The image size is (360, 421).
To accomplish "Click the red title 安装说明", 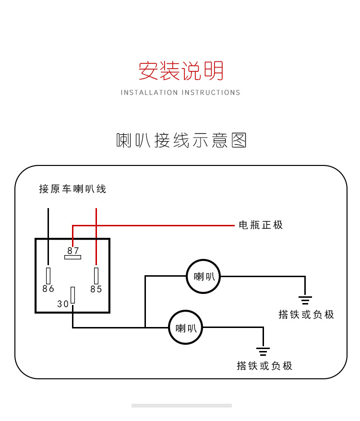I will (x=181, y=71).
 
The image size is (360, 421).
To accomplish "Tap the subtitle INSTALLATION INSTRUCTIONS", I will (x=180, y=93).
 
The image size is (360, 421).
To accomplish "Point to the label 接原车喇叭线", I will (x=72, y=189).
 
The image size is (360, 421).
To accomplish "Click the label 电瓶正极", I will (x=261, y=225).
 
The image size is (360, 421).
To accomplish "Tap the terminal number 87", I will (x=73, y=250).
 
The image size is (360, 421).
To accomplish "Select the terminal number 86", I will (x=48, y=289).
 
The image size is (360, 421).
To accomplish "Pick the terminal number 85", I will (x=96, y=289).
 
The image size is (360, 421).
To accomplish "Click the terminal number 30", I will (x=63, y=304).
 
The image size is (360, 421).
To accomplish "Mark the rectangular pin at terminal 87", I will (x=72, y=257).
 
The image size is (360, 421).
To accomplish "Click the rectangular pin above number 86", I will (x=48, y=276).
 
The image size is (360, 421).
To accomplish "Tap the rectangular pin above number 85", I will (x=96, y=276).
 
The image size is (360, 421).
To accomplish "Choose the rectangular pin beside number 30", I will (x=73, y=295).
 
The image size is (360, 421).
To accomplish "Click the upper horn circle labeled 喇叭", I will (x=203, y=277).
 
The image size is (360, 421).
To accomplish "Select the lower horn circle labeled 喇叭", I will (x=185, y=328).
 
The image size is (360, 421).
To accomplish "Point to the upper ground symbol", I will (x=305, y=300).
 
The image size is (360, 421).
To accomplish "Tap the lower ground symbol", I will (x=263, y=351).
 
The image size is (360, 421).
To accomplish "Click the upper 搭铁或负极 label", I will (x=306, y=315).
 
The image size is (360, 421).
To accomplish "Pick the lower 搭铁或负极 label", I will (x=264, y=366).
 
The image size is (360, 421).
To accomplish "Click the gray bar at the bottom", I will (x=181, y=406).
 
